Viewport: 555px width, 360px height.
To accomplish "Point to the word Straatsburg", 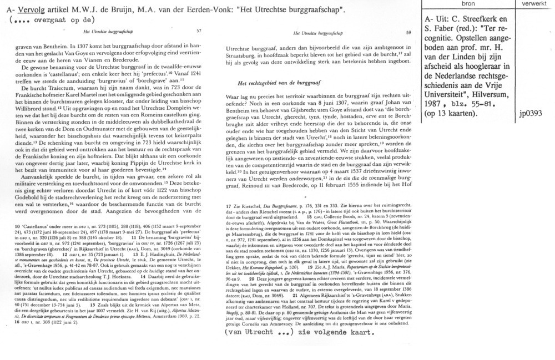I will [243, 56].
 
